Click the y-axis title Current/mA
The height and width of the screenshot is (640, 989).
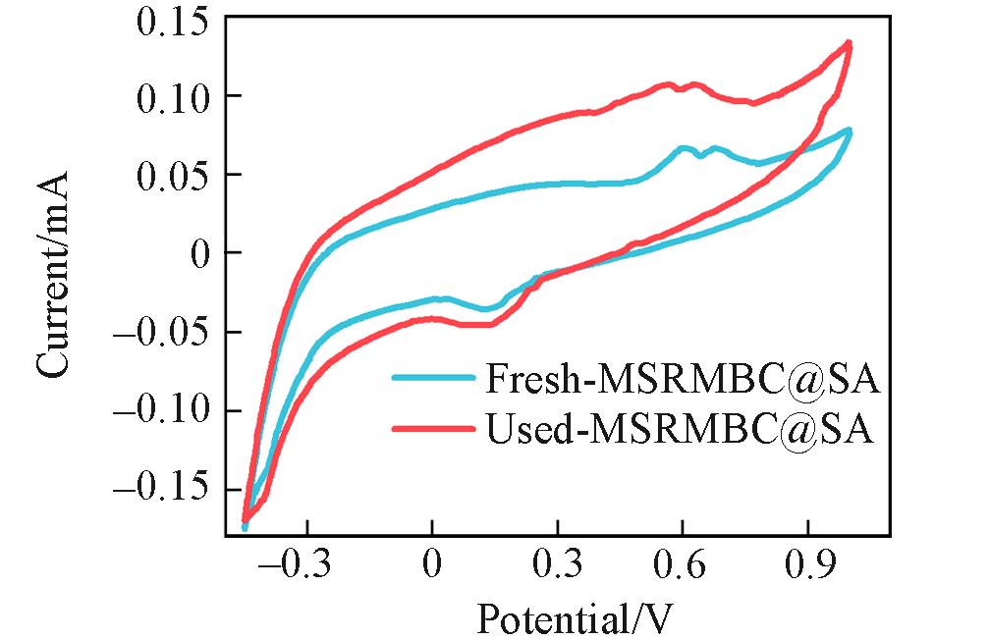point(54,275)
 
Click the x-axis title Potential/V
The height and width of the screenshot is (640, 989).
point(577,618)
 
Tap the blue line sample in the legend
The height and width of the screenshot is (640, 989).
point(428,378)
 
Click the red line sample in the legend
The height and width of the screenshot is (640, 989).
point(428,429)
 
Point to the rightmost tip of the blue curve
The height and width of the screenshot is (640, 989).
point(850,132)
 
